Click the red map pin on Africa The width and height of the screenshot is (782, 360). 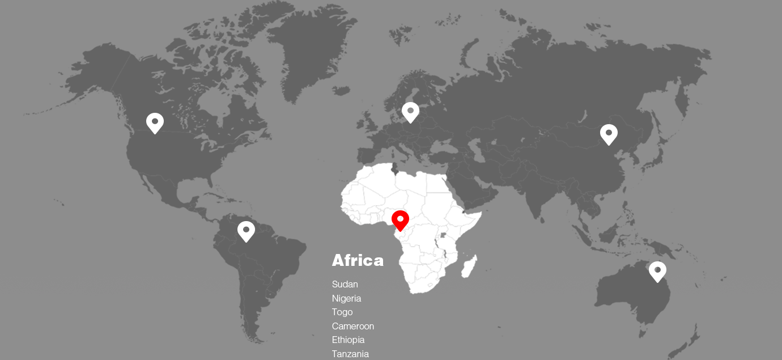tap(400, 220)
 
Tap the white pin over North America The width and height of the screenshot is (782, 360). tap(155, 122)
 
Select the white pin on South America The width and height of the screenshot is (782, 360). tap(246, 231)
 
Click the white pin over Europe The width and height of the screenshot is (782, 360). tap(410, 112)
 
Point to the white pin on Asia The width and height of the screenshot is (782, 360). tap(609, 134)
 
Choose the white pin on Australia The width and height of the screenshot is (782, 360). tap(657, 271)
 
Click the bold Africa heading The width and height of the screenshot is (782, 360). tap(358, 260)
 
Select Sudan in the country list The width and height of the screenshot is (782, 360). tap(345, 284)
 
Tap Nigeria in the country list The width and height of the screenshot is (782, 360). tap(346, 298)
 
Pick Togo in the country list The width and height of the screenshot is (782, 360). tap(342, 312)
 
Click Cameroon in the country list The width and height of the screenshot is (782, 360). tap(353, 326)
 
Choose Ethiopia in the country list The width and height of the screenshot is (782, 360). tap(348, 340)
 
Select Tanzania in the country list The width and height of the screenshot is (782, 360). tap(350, 354)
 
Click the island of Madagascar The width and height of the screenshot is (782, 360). tap(470, 266)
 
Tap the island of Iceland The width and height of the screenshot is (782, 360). tap(341, 90)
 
